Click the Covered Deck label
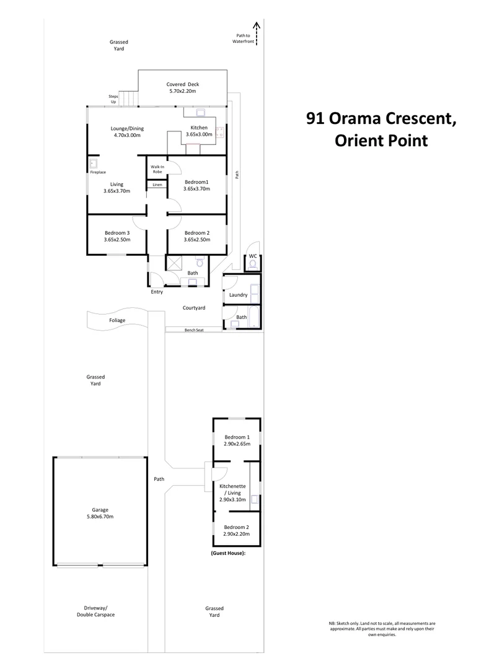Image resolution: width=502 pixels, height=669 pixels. point(182,85)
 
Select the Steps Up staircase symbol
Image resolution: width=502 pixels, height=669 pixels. point(128,98)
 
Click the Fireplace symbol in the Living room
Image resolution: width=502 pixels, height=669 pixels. point(94,164)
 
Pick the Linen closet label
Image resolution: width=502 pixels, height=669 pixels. point(157,185)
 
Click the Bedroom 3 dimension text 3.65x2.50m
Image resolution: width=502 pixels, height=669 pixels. point(117,240)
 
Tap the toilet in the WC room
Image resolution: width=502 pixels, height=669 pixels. point(252,264)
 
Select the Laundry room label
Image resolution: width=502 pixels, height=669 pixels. point(239,295)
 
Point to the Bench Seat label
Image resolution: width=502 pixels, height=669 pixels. point(194,330)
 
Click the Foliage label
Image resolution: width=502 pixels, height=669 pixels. point(117,320)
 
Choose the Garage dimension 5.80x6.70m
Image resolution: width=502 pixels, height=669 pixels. point(100,517)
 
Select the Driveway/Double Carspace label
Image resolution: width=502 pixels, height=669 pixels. point(95,611)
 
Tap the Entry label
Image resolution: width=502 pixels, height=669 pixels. point(157,292)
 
